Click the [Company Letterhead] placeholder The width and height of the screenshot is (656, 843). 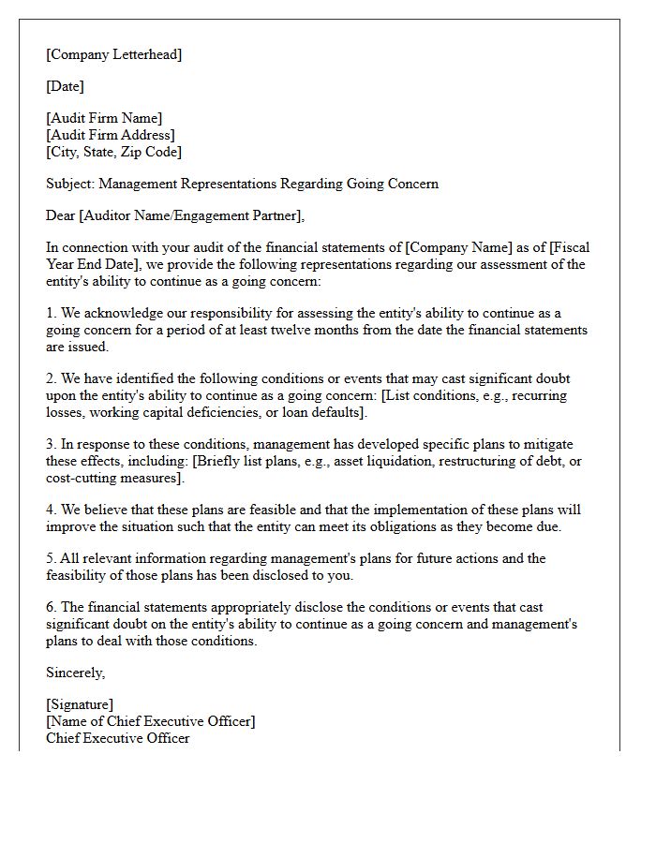pos(113,54)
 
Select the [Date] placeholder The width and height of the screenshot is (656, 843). pos(65,86)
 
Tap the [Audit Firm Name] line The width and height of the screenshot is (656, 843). pos(104,118)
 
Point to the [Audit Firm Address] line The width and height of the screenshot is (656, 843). pos(110,135)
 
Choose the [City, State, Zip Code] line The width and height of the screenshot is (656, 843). pos(113,152)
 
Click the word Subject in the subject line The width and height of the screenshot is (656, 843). pos(68,184)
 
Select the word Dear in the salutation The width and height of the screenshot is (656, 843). pos(60,215)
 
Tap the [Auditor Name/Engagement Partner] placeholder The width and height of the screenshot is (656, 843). pos(190,215)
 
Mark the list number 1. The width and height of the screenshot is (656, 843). pos(51,313)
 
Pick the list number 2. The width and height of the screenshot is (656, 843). pos(51,378)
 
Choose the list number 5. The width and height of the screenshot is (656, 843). pos(51,558)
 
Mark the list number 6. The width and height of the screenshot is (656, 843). pos(51,607)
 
